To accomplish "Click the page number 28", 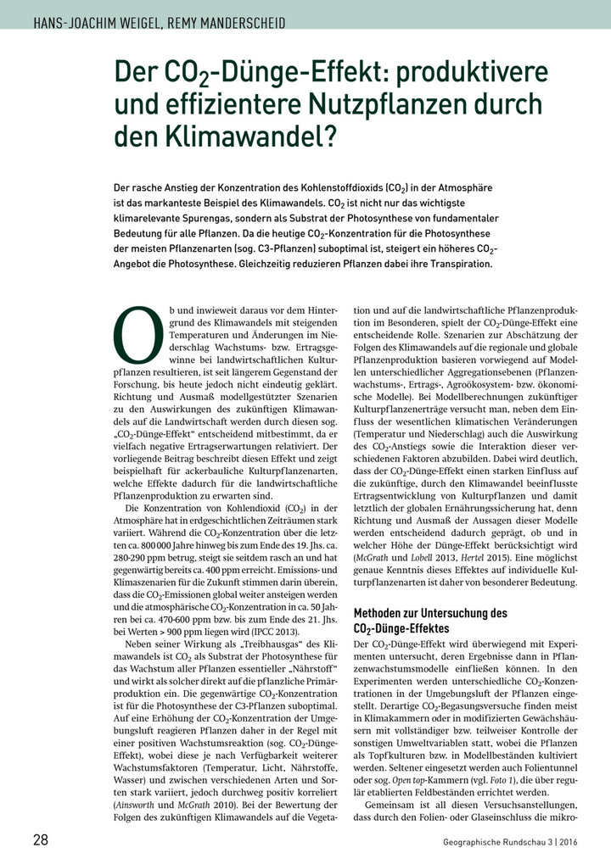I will [40, 840].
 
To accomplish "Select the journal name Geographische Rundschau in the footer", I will [494, 842].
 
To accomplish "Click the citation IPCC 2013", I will [277, 633].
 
